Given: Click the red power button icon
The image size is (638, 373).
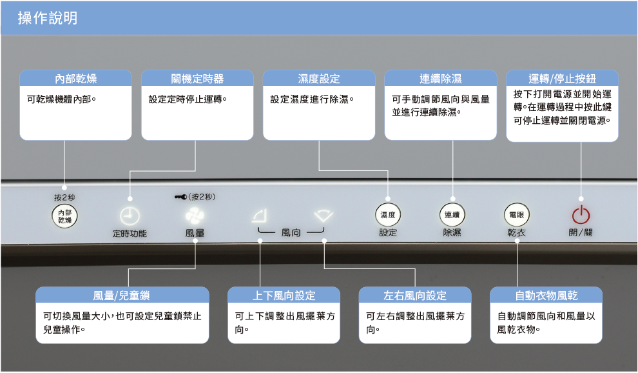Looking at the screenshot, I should (x=581, y=215).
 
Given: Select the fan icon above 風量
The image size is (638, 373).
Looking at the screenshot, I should (x=195, y=216).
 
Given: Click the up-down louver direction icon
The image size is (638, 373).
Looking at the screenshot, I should (x=260, y=215).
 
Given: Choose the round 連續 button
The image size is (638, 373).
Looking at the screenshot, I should (x=452, y=215).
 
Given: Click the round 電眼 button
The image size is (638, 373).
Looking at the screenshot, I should (x=516, y=215).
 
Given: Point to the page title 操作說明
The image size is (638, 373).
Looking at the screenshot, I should (x=48, y=18).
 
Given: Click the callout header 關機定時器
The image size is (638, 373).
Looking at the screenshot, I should (x=197, y=79).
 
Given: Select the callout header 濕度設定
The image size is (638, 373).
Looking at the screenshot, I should (x=318, y=79).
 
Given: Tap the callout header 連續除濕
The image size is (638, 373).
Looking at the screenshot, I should (x=441, y=79).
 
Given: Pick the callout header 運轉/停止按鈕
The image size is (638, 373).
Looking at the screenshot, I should (x=562, y=79).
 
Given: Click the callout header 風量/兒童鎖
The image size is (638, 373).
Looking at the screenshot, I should (x=122, y=296).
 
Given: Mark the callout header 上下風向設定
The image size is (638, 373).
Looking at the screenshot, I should (x=284, y=296).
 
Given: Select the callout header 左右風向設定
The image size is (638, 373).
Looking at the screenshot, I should (x=414, y=296).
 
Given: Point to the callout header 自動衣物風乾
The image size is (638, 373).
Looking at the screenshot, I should (x=546, y=296).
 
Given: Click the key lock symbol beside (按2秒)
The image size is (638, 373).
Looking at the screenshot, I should (x=180, y=197).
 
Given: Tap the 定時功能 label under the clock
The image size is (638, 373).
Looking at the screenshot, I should (x=130, y=233).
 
